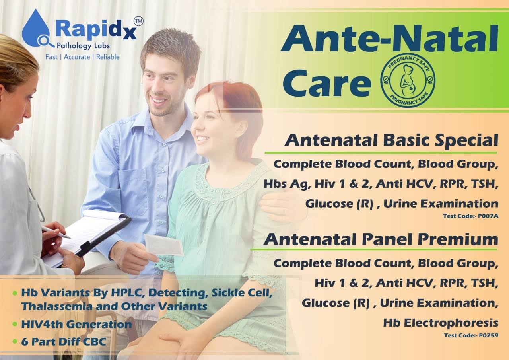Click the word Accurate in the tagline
pyautogui.click(x=77, y=57)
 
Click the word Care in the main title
pyautogui.click(x=326, y=84)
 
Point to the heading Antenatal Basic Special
pyautogui.click(x=391, y=141)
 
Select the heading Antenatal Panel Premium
pyautogui.click(x=381, y=240)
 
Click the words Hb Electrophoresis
pyautogui.click(x=441, y=323)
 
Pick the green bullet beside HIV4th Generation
pyautogui.click(x=15, y=324)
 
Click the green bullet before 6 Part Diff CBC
pyautogui.click(x=15, y=341)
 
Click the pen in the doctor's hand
pyautogui.click(x=56, y=232)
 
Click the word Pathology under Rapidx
pyautogui.click(x=71, y=46)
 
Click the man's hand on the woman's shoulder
pyautogui.click(x=278, y=207)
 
